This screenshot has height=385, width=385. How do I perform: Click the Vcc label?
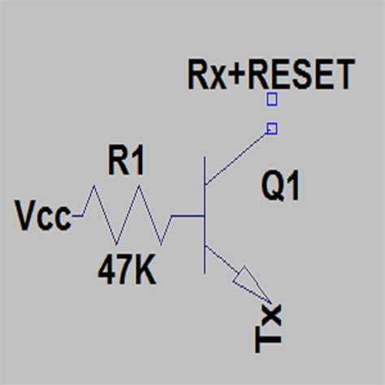(x=43, y=217)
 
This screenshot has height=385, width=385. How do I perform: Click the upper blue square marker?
(x=272, y=100)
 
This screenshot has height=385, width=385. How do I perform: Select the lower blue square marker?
(x=272, y=128)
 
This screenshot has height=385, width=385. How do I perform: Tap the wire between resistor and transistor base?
(x=185, y=217)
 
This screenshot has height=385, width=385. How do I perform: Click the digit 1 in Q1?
(x=292, y=188)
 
